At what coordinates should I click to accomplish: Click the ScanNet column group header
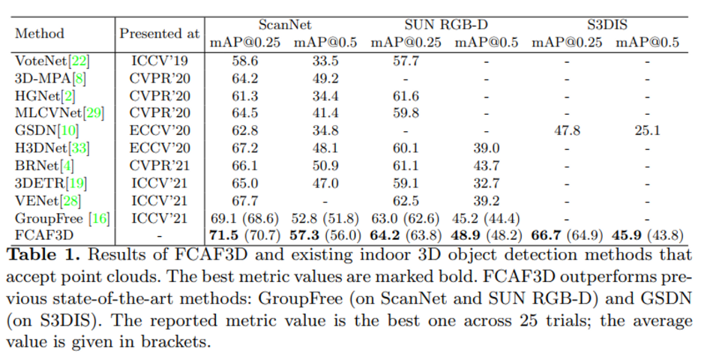coord(285,25)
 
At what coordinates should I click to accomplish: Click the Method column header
coord(40,34)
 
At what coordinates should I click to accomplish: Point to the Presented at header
coord(160,34)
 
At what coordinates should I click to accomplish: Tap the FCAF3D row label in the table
coord(37,235)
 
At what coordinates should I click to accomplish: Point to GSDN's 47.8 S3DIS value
coord(567,130)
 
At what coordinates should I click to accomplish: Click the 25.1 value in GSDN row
coord(646,130)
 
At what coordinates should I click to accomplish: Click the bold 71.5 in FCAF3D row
coord(224,235)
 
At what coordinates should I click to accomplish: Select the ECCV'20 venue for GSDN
coord(160,130)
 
